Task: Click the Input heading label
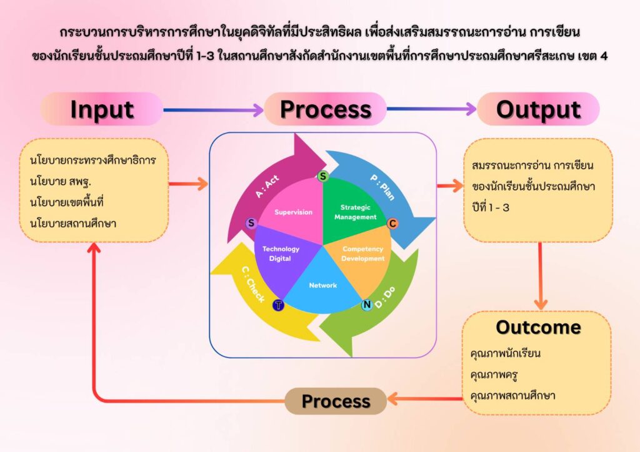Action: tap(101, 109)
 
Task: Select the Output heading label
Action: tap(538, 109)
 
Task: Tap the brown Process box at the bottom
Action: tap(336, 401)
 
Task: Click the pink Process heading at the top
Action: tap(325, 109)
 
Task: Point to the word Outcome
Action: tap(538, 327)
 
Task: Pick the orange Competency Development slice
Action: tap(363, 253)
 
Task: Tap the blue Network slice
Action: tap(322, 285)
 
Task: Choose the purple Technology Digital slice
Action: tap(281, 253)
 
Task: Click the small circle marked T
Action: tap(278, 305)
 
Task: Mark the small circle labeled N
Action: tap(367, 305)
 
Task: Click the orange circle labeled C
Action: tap(392, 224)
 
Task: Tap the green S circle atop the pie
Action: tap(322, 177)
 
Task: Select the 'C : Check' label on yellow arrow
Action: tap(252, 284)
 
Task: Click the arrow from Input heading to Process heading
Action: tap(213, 110)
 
